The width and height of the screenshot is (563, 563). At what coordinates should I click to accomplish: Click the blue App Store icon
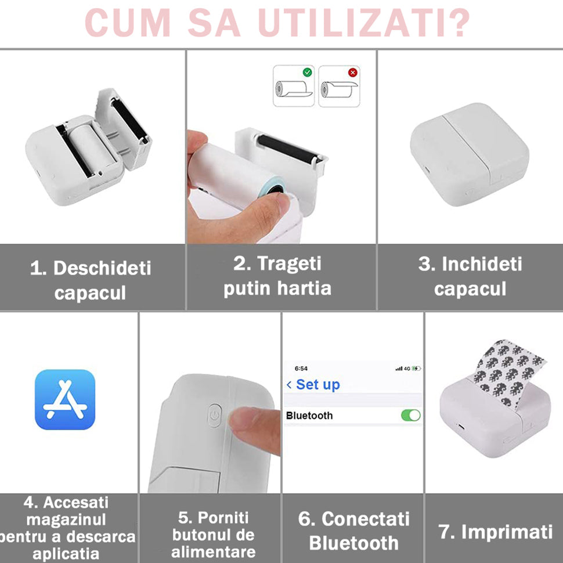pos(65,399)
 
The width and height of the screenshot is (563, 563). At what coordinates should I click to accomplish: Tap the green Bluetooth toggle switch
pos(410,415)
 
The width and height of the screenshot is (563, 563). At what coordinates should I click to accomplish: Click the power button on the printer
pos(214,416)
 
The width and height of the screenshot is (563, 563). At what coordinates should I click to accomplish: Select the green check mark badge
pos(307,73)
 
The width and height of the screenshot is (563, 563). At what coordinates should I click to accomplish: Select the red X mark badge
pos(352,73)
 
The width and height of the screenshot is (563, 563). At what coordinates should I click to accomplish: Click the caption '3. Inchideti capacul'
pos(470,276)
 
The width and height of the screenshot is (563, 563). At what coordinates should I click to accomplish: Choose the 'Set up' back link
pos(313,384)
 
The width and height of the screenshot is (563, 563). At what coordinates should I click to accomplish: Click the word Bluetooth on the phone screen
pos(309,416)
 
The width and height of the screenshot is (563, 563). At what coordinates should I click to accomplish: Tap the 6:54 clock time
pos(301,369)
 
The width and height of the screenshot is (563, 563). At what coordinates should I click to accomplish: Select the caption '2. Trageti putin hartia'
pos(277,276)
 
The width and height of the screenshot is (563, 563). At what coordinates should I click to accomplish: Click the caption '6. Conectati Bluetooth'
pos(353,530)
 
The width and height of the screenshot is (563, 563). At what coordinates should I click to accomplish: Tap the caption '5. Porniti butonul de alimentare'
pos(213,534)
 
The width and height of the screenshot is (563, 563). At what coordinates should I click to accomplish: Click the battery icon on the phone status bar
pos(416,369)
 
